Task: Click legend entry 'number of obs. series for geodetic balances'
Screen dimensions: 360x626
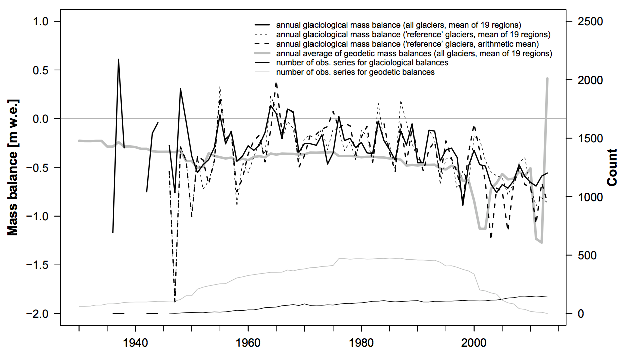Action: tap(355, 72)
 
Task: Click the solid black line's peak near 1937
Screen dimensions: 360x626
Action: tap(118, 59)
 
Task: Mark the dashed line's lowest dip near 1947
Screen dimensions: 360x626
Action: tap(175, 302)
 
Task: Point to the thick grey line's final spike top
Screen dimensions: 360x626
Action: tap(547, 78)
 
